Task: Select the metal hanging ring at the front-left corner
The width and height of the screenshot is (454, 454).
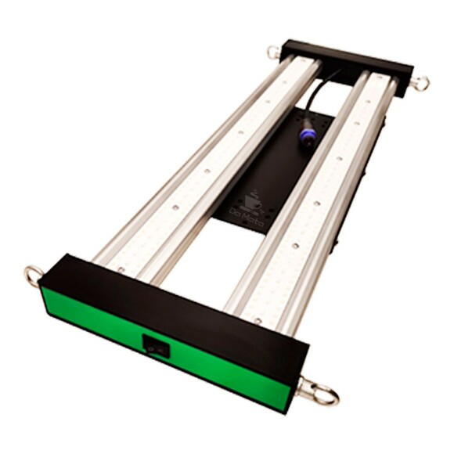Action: coord(34,275)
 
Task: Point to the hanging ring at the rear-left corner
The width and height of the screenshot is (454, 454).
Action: coord(273,52)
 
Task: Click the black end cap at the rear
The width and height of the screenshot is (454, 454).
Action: coord(344,67)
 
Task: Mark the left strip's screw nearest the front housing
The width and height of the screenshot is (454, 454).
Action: coord(121,268)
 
